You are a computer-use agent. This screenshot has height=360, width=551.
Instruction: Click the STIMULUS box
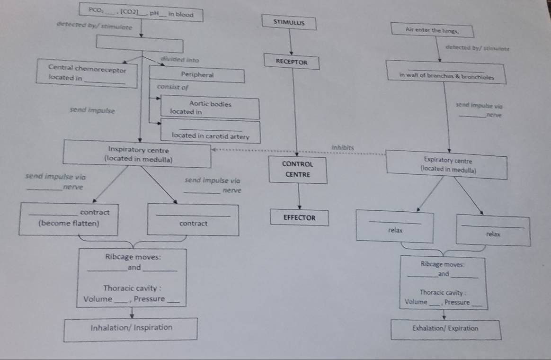(289, 22)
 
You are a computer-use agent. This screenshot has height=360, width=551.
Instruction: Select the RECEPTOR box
(292, 62)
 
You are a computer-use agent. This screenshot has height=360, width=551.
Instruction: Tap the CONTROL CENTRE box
(297, 169)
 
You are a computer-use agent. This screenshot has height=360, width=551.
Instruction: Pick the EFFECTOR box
(299, 218)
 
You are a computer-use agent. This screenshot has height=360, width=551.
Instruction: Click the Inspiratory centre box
(138, 154)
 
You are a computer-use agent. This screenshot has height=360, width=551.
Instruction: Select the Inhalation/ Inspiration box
(131, 328)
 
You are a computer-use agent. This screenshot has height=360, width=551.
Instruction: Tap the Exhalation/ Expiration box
(445, 329)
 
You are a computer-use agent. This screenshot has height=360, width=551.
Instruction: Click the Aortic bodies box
(210, 108)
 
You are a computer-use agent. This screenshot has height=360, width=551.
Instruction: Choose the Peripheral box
(197, 75)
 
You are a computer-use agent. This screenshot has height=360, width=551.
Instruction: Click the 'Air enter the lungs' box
(432, 29)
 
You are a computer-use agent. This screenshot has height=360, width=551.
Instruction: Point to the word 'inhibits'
(343, 147)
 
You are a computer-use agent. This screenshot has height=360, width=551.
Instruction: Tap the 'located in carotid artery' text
(210, 135)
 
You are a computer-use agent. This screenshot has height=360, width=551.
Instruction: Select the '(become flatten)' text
(69, 224)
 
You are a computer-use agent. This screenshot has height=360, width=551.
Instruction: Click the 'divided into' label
(179, 60)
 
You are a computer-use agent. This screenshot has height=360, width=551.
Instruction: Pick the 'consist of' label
(172, 87)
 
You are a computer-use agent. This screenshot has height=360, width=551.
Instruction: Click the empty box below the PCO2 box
(140, 45)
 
